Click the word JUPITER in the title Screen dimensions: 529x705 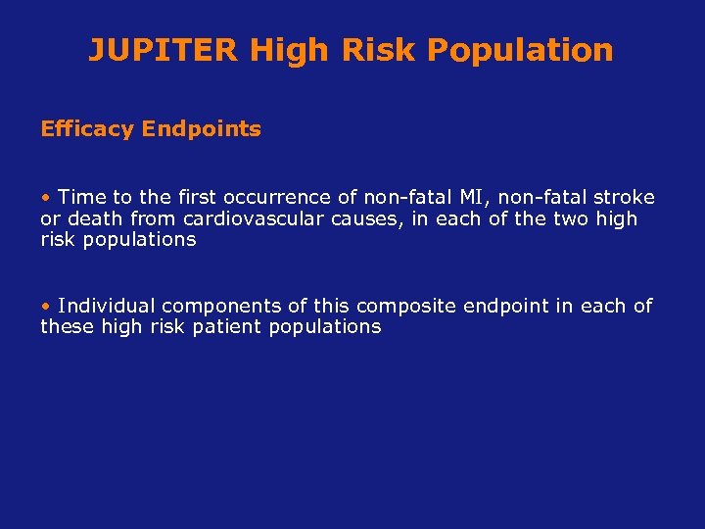[x=164, y=50]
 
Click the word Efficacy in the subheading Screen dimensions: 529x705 [x=87, y=129]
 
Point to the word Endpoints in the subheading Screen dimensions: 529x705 [x=202, y=129]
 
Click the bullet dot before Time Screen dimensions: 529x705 [x=45, y=198]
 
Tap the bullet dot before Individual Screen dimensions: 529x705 [x=45, y=307]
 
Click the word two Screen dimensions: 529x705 [x=571, y=218]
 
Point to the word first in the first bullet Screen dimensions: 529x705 [x=177, y=198]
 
